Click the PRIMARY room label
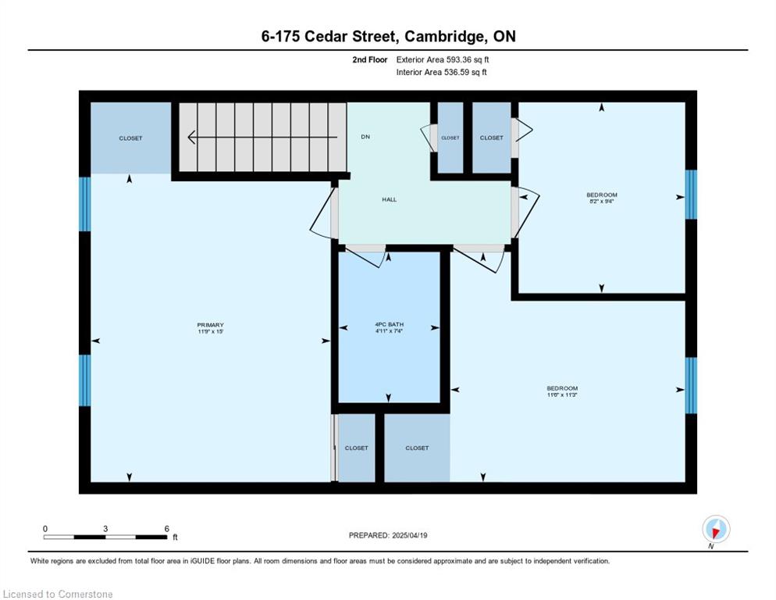pos(210,325)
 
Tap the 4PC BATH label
pos(389,324)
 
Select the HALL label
pos(389,200)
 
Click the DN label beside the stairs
pos(365,137)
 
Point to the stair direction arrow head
pos(191,137)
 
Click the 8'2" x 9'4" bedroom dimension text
pos(602,202)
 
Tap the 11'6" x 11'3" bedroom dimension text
pos(562,395)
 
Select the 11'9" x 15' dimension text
pos(210,331)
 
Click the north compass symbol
pos(716,529)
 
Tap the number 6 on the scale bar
pos(167,529)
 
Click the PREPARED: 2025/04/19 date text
pos(388,536)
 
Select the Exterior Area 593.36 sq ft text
pos(443,59)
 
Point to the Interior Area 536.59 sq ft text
pos(441,73)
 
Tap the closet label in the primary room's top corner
pos(130,138)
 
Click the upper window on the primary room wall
pos(85,204)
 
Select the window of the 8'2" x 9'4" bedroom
pos(691,195)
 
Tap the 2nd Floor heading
pos(370,60)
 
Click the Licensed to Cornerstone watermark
pos(58,594)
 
